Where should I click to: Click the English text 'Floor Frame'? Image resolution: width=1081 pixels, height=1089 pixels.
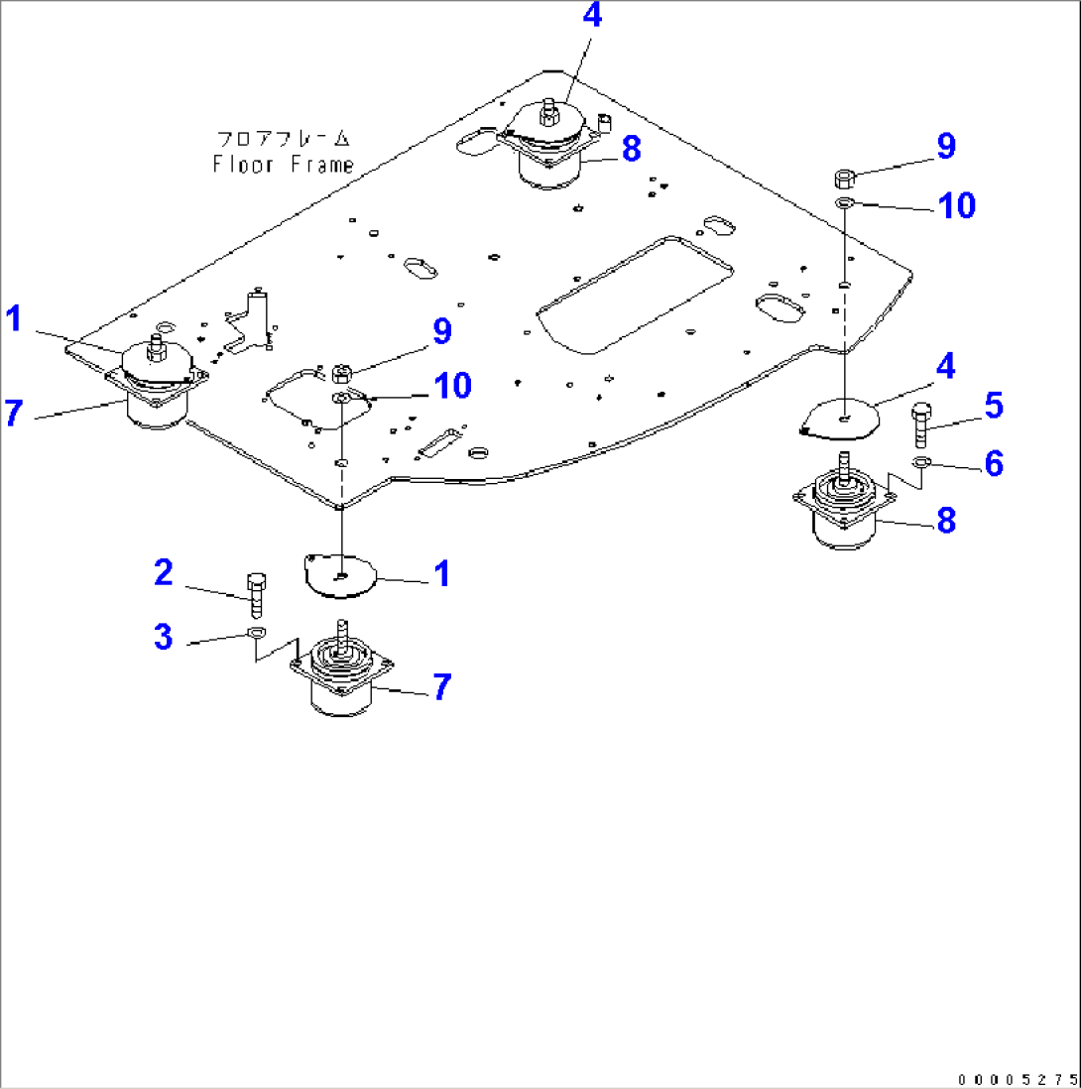pos(283,165)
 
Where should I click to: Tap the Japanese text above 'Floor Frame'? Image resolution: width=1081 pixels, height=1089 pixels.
pos(283,139)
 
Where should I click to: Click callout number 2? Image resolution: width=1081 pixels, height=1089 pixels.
pos(164,572)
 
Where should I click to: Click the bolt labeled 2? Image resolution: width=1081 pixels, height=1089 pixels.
pos(255,593)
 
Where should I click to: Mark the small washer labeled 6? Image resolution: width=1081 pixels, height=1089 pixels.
pos(921,462)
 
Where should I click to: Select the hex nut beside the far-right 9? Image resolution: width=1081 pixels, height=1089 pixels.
pos(845,179)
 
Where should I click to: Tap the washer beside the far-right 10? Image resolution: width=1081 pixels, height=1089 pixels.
pos(845,203)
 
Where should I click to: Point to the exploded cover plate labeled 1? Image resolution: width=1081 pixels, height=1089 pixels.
pos(339,575)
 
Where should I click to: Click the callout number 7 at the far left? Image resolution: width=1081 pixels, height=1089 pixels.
pos(13,412)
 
